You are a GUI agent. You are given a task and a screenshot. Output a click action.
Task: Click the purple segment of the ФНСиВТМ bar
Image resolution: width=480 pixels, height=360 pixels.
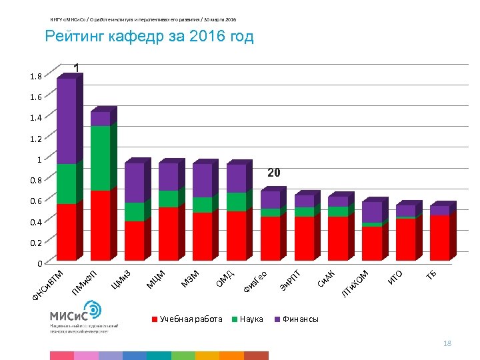pyautogui.click(x=67, y=121)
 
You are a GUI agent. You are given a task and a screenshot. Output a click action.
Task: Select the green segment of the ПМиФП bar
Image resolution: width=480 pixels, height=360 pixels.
pyautogui.click(x=101, y=158)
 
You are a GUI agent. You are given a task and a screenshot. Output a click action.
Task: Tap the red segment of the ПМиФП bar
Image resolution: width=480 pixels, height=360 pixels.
pyautogui.click(x=101, y=225)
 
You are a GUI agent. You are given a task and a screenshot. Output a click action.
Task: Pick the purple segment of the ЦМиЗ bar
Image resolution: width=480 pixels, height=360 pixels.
pyautogui.click(x=135, y=183)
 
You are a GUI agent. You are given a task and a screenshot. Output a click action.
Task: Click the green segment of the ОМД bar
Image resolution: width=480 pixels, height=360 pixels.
pyautogui.click(x=237, y=201)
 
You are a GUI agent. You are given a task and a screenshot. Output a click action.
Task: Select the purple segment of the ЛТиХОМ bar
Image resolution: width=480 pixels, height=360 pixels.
pyautogui.click(x=372, y=212)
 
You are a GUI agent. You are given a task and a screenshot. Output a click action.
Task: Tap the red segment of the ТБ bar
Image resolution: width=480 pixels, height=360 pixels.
pyautogui.click(x=440, y=237)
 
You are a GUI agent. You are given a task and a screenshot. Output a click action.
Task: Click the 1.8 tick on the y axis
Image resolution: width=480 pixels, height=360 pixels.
pyautogui.click(x=35, y=77)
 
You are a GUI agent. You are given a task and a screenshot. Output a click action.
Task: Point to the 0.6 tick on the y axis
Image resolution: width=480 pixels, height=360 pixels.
pyautogui.click(x=35, y=201)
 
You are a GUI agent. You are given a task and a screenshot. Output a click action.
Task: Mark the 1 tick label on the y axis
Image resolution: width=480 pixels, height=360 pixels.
pyautogui.click(x=39, y=159)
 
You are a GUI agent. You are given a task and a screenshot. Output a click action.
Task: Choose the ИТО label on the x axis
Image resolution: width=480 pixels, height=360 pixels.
pyautogui.click(x=395, y=275)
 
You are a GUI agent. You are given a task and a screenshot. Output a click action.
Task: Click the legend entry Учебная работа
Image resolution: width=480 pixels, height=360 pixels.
pyautogui.click(x=191, y=319)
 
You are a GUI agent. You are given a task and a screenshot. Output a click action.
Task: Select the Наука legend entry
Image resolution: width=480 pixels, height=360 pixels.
pyautogui.click(x=250, y=319)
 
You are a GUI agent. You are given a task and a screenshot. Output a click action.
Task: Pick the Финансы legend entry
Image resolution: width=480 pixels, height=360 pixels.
pyautogui.click(x=301, y=319)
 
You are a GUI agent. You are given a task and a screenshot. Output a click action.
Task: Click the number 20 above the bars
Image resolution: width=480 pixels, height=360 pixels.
pyautogui.click(x=274, y=173)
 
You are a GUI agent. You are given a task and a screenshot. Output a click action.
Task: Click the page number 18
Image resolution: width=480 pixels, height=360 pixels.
pyautogui.click(x=447, y=343)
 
